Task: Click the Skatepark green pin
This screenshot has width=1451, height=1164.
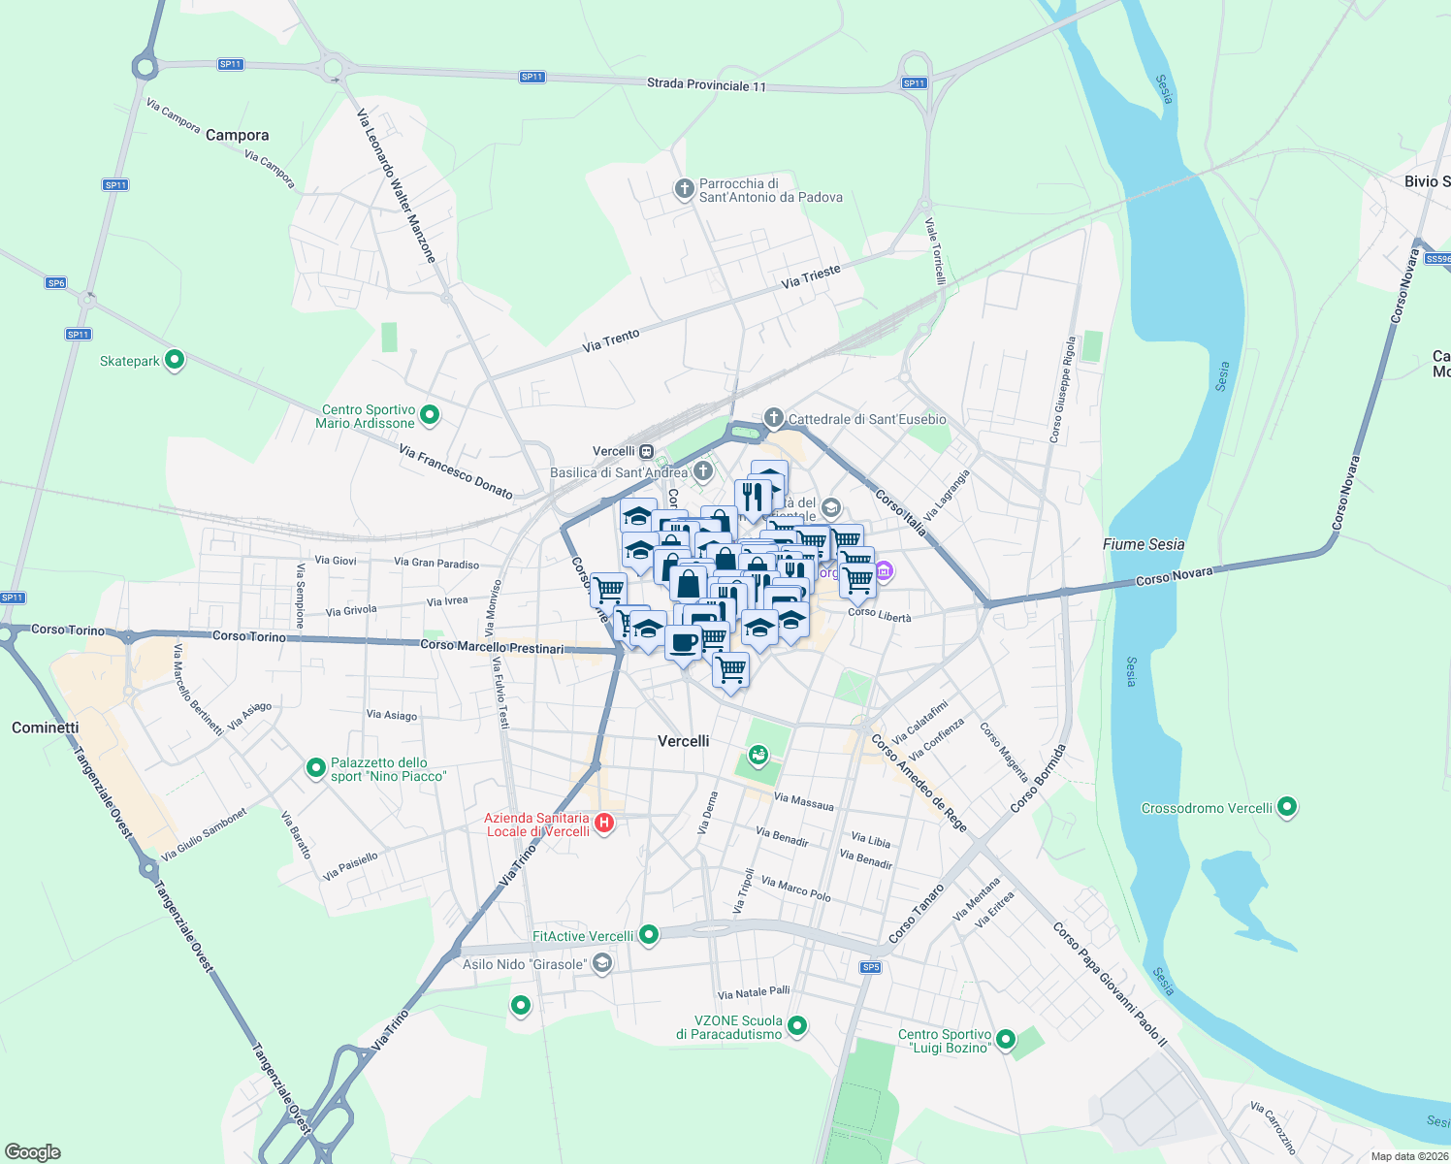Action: [x=175, y=360]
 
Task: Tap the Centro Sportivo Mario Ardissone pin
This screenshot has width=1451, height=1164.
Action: [x=430, y=415]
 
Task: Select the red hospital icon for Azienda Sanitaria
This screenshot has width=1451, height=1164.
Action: [x=604, y=824]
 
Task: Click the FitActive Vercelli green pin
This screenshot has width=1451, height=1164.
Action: [x=649, y=935]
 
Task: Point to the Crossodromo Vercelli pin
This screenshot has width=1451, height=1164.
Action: [x=1287, y=807]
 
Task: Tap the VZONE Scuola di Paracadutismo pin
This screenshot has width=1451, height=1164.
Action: [x=797, y=1025]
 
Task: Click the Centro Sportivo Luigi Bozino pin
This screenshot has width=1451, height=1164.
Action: [x=1006, y=1040]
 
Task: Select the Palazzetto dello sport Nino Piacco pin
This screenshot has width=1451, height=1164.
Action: [x=315, y=768]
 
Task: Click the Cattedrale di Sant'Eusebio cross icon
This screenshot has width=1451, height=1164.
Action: [x=773, y=418]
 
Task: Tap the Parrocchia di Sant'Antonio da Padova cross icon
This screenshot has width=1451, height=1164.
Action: [x=685, y=188]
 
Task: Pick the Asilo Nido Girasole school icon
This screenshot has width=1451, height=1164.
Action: [x=602, y=963]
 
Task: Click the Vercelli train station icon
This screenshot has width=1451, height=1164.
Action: [x=647, y=451]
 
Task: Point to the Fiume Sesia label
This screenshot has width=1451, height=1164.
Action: [x=1144, y=544]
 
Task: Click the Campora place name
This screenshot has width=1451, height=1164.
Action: [x=237, y=135]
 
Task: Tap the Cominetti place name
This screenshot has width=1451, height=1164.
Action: [x=46, y=727]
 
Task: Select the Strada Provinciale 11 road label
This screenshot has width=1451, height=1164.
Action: [x=706, y=85]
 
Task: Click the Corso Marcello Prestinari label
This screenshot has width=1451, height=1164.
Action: [x=492, y=646]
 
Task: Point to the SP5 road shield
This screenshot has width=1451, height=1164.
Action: [x=870, y=967]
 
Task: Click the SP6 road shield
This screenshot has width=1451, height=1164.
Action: [x=56, y=283]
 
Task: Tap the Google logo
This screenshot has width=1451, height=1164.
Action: [x=33, y=1152]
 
